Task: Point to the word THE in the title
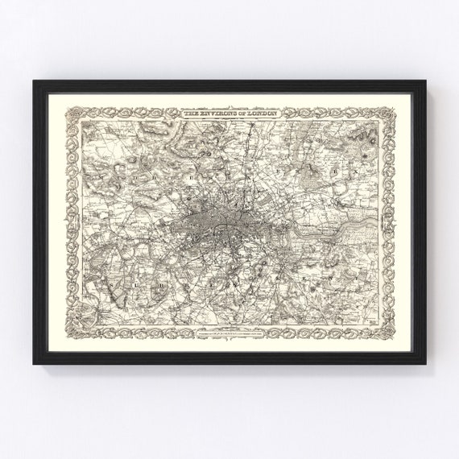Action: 191,117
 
